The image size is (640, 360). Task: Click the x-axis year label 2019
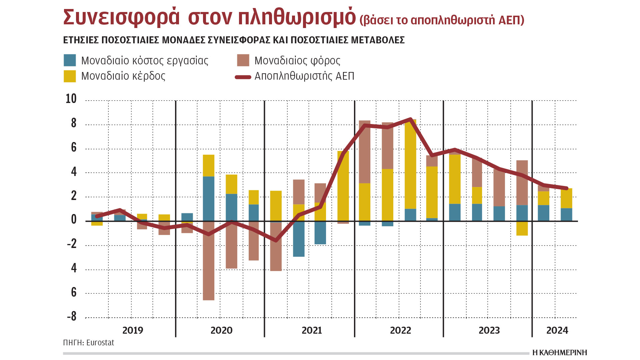coord(133,330)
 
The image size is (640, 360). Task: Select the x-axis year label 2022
coord(400,330)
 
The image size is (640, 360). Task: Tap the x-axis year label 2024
coord(557,330)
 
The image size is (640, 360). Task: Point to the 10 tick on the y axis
coord(71,99)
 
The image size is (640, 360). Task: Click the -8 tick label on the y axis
coord(72,316)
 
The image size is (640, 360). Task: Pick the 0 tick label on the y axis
coord(74,220)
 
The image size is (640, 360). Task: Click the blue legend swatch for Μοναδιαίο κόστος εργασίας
coord(70,60)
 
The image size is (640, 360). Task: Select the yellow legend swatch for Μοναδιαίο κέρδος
coord(70,76)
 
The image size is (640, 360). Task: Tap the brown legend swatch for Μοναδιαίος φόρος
coord(243,60)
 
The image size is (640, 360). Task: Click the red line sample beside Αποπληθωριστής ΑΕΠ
coord(243,77)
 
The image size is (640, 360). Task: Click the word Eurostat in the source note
coord(100,343)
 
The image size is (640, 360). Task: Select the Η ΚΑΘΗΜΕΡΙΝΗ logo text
coord(559,353)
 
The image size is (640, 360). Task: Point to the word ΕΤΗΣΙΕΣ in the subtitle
coord(81,40)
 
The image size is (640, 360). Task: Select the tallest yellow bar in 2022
coord(410,164)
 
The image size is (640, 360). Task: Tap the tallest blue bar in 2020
coord(209,199)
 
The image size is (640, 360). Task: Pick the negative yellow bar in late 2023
coord(522,228)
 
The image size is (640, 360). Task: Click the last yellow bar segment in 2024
coord(566,198)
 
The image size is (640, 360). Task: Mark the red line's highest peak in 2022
coord(410,119)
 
